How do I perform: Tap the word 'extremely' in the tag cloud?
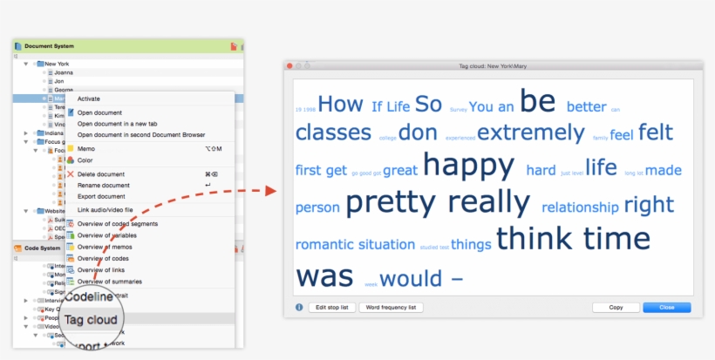coord(530,133)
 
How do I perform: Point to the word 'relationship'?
coord(580,207)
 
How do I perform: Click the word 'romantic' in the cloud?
coord(323,245)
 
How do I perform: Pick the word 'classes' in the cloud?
coord(333,132)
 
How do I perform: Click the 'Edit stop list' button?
coord(331,308)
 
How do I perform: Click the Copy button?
coord(616,308)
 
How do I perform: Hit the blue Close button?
coord(666,308)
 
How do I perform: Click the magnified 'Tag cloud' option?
coord(91,320)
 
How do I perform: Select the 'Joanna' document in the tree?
coord(64,72)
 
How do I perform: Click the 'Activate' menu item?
coord(89,99)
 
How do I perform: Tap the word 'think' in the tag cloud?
coord(535,238)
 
